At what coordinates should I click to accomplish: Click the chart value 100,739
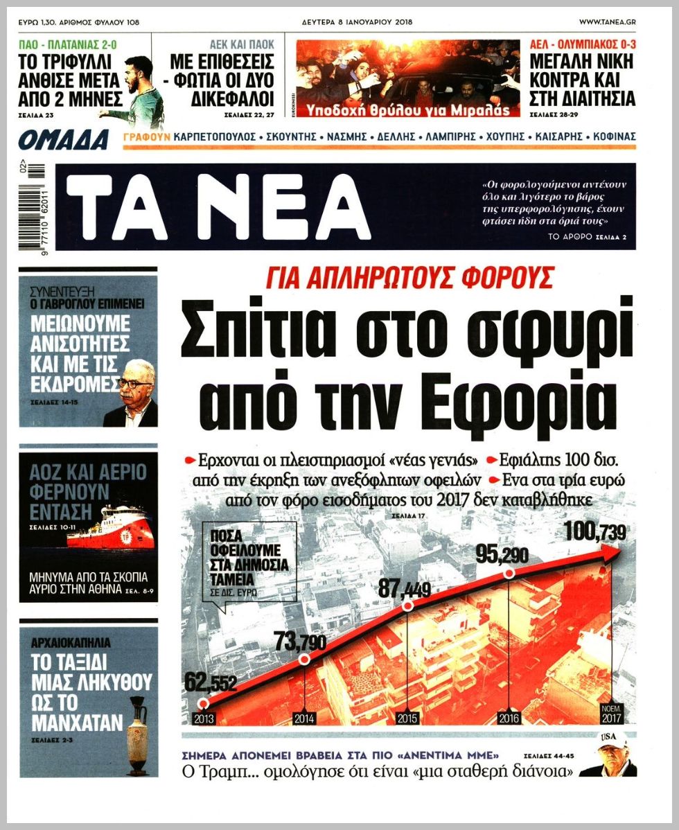click(x=594, y=532)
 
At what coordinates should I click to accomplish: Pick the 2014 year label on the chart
click(x=304, y=718)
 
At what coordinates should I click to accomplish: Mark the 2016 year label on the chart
click(x=509, y=718)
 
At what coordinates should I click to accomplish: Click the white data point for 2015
click(x=408, y=606)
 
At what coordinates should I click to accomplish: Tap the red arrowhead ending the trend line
click(x=610, y=551)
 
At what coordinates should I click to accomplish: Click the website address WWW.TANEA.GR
click(x=607, y=22)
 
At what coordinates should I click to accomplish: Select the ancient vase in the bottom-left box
click(x=138, y=735)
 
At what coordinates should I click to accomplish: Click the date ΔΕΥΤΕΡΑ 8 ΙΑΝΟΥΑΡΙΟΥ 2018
click(x=357, y=22)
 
